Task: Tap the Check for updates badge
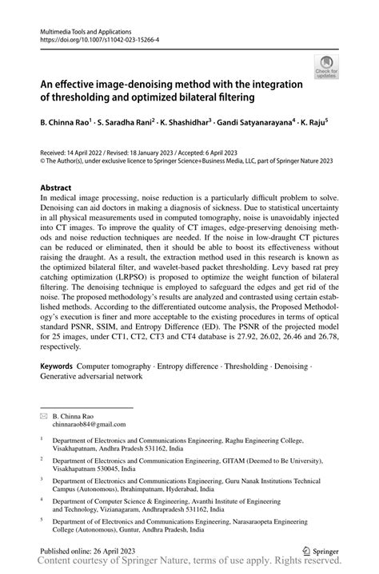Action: coord(326,67)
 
